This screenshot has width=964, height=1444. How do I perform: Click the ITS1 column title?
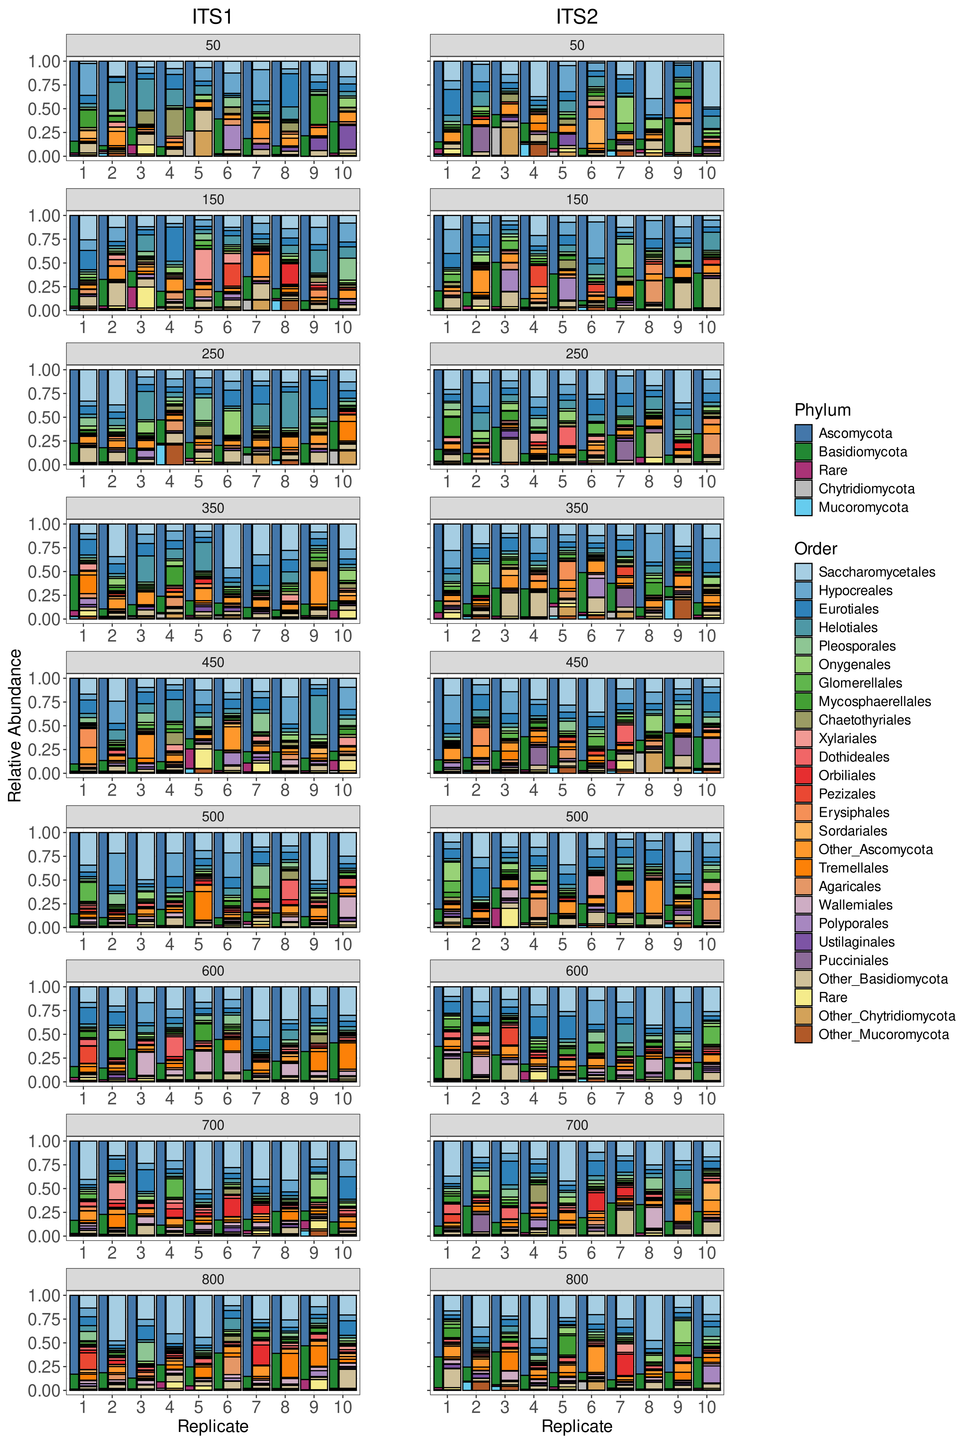coord(212,16)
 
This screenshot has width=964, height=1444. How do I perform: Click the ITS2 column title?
coord(576,16)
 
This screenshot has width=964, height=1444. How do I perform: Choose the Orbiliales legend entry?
coord(846,775)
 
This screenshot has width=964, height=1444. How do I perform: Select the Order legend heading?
coord(815,548)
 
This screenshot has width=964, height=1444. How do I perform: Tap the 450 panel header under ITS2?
coord(576,662)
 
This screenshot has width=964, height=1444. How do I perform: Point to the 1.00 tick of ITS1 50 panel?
coord(44,61)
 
